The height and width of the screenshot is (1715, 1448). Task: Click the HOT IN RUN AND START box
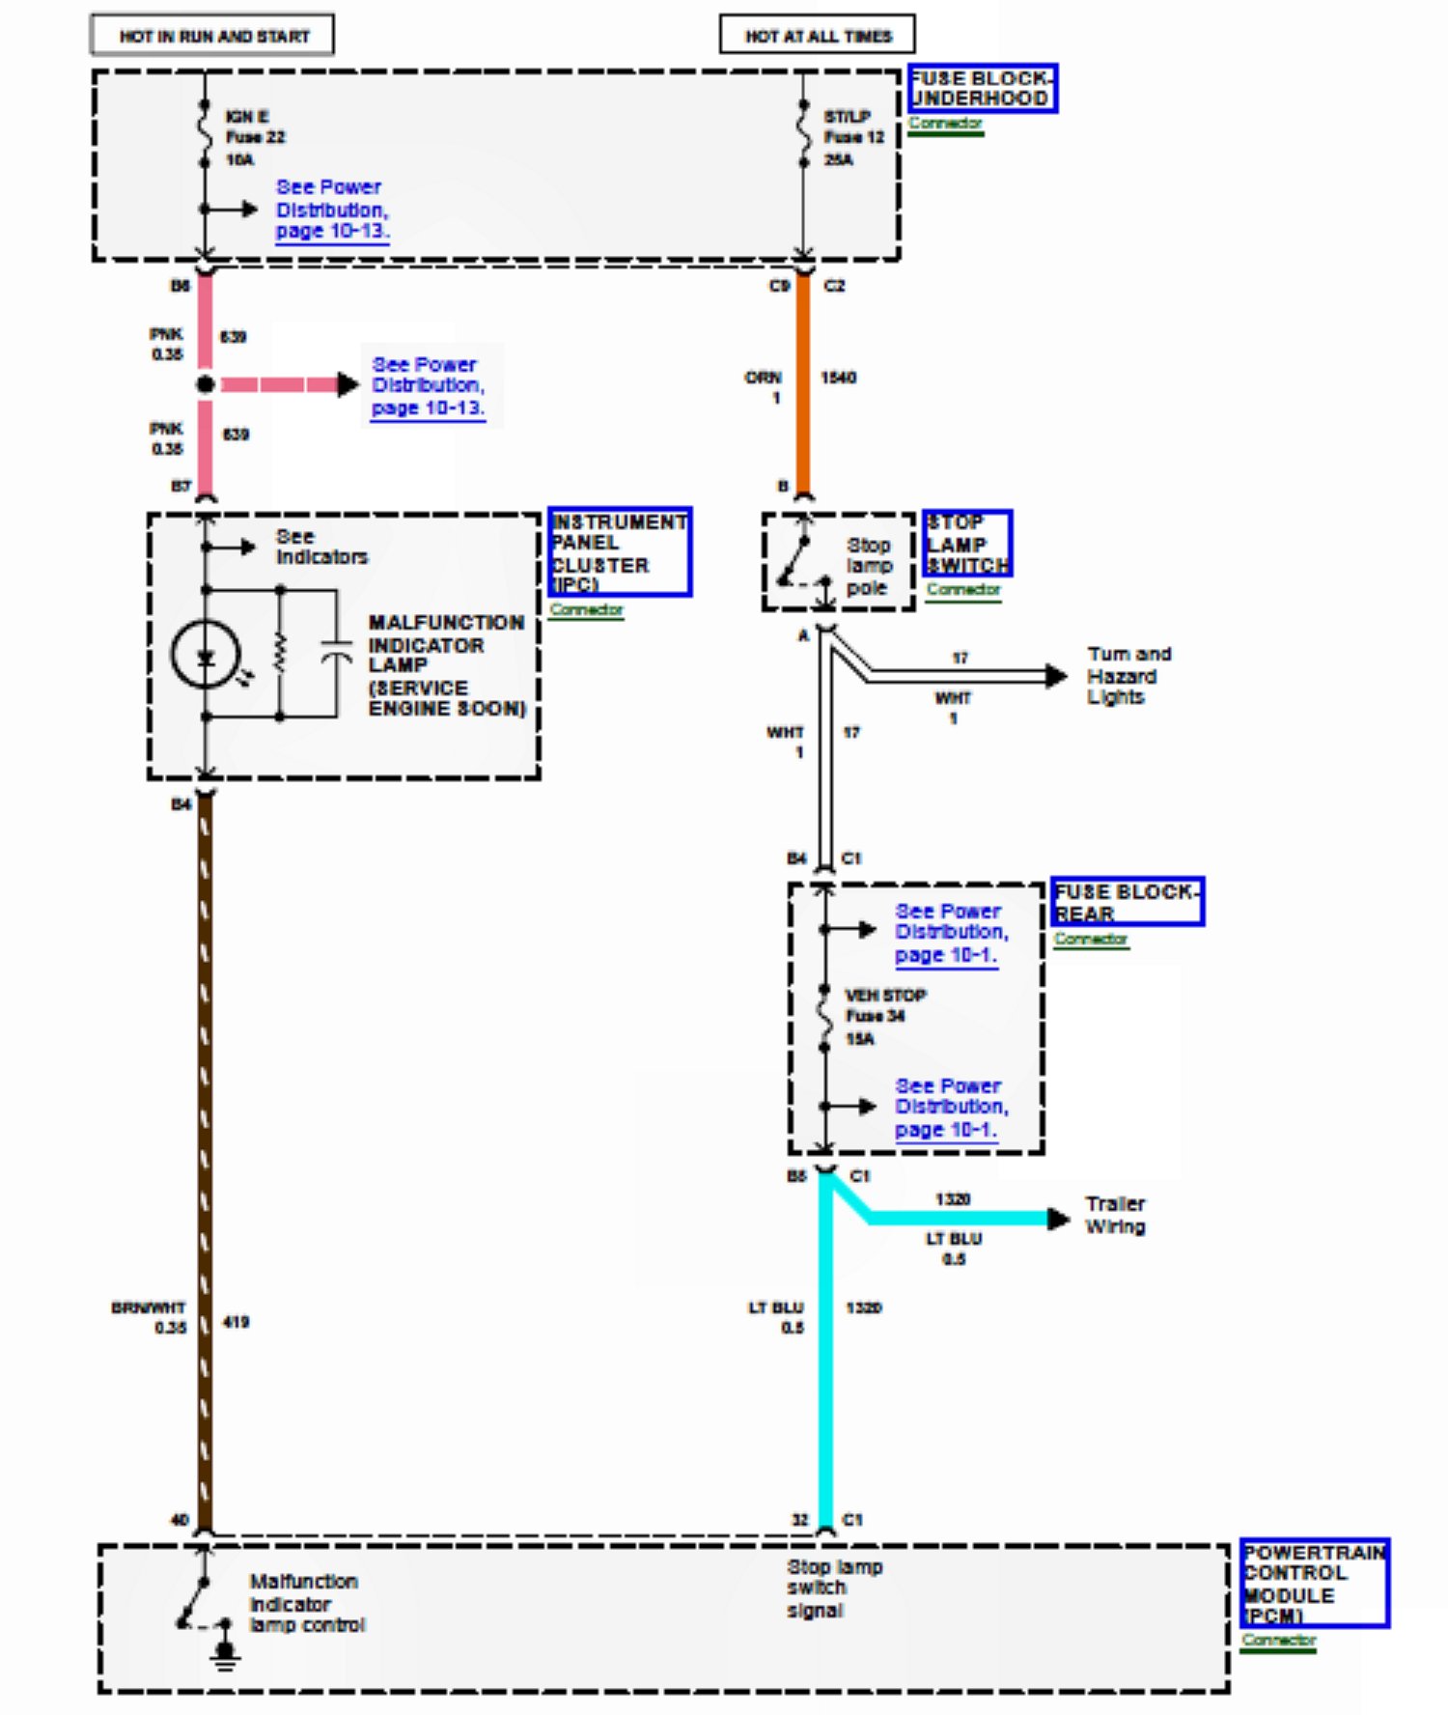coord(212,36)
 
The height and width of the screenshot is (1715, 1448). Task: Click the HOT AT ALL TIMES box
coord(817,36)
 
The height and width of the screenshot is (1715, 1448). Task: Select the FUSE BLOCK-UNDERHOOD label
coord(982,89)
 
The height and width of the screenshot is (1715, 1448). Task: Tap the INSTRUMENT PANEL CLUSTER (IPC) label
coord(619,551)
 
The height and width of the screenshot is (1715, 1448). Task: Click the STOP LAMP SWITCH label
coord(966,544)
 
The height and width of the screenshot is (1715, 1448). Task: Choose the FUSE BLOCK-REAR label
coord(1127,902)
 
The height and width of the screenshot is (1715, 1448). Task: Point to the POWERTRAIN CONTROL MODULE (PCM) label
coord(1314,1583)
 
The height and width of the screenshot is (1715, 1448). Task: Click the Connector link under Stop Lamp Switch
coord(963,589)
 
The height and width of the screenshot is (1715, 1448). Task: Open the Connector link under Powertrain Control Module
coord(1278,1640)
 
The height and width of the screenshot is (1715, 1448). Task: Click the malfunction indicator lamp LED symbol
coord(206,657)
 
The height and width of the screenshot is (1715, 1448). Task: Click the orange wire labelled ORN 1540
coord(802,386)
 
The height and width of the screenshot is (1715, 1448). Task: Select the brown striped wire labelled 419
coord(205,1159)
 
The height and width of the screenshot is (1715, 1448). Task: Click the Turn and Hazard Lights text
coord(1128,675)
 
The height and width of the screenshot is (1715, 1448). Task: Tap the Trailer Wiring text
coord(1115,1215)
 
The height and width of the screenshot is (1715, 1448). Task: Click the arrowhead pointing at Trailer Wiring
coord(1058,1219)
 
